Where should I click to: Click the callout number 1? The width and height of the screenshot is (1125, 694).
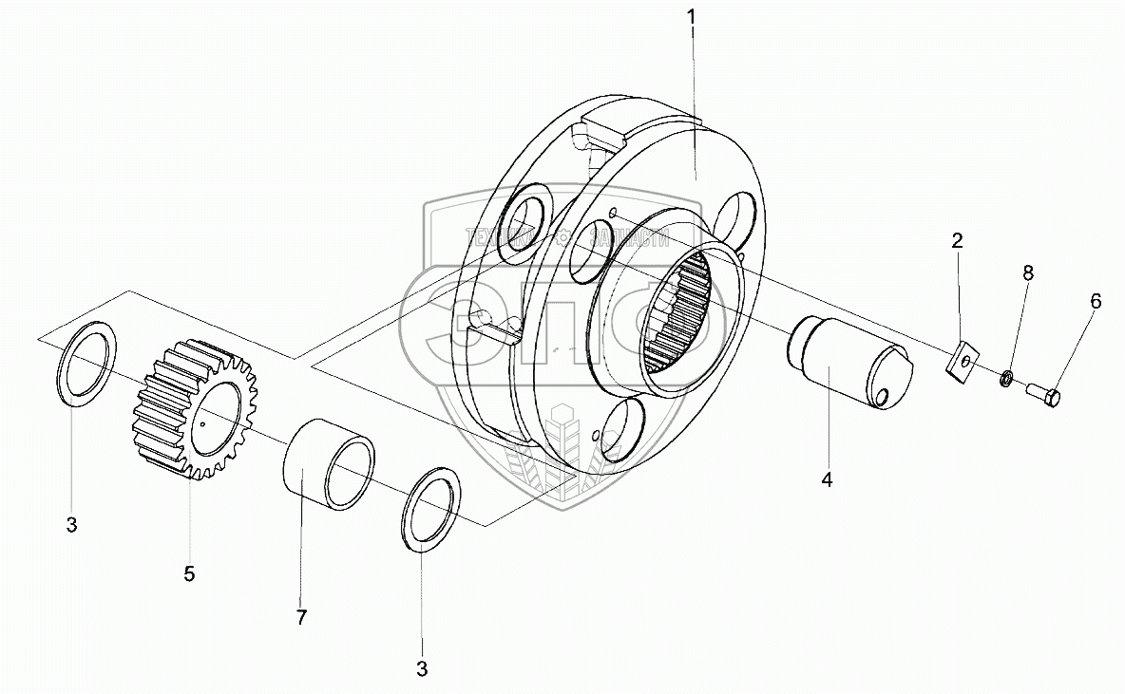point(692,16)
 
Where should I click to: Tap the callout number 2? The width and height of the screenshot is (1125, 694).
point(958,240)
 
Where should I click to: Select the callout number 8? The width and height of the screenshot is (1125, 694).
point(1028,272)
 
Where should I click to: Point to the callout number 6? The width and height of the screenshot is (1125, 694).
point(1096,301)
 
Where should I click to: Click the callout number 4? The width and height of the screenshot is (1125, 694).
point(827,480)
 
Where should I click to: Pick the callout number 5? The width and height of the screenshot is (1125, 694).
point(189,573)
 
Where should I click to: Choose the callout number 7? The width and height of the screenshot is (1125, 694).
point(301,618)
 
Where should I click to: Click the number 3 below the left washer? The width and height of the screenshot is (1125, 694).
point(72,525)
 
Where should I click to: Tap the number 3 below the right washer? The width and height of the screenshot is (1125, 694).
point(421,669)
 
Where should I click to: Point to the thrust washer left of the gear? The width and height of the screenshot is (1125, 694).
point(87,365)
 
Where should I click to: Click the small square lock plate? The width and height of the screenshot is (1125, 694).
point(965,363)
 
